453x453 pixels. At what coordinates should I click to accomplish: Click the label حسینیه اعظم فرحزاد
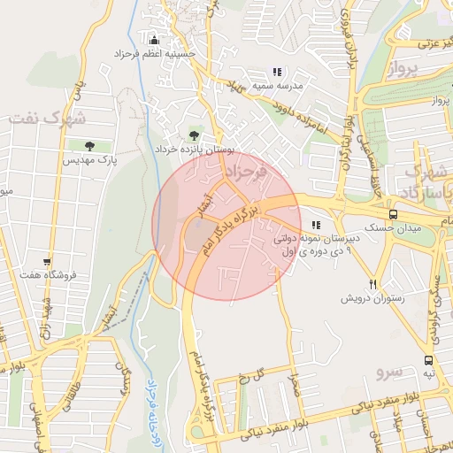pyautogui.click(x=156, y=54)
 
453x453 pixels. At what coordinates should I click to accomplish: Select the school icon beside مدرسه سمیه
pyautogui.click(x=278, y=72)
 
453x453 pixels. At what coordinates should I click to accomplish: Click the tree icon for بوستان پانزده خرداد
pyautogui.click(x=194, y=135)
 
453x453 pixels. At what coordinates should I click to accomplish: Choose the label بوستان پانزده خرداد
pyautogui.click(x=193, y=150)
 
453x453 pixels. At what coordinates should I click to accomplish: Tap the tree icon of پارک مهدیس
pyautogui.click(x=89, y=146)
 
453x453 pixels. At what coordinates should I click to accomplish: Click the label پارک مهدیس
pyautogui.click(x=89, y=160)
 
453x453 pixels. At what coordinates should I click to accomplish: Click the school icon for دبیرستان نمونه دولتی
pyautogui.click(x=317, y=226)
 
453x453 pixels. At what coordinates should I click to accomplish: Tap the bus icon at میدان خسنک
pyautogui.click(x=393, y=214)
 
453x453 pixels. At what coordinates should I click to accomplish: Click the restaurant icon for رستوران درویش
pyautogui.click(x=373, y=284)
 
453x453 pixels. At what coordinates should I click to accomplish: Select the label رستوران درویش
pyautogui.click(x=372, y=298)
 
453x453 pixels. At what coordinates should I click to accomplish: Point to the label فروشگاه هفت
pyautogui.click(x=48, y=275)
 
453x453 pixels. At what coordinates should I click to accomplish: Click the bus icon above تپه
pyautogui.click(x=428, y=360)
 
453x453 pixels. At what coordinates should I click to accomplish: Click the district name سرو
pyautogui.click(x=389, y=365)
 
